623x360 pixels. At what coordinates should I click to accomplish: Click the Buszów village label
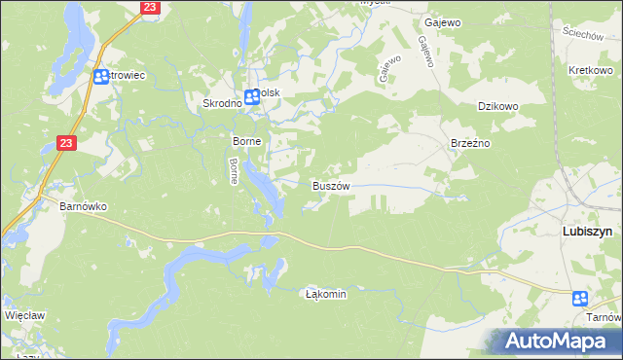(x=330, y=185)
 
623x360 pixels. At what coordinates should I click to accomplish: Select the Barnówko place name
(x=83, y=206)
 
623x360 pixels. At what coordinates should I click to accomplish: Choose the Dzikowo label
(x=495, y=108)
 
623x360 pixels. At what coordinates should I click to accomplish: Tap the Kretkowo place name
(x=589, y=72)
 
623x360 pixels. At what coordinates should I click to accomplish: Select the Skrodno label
(x=221, y=103)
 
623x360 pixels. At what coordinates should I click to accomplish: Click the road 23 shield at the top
(x=149, y=7)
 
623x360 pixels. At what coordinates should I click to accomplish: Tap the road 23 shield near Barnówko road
(x=64, y=143)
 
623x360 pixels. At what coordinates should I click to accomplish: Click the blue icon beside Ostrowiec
(x=100, y=76)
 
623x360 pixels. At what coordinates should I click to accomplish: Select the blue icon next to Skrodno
(x=251, y=96)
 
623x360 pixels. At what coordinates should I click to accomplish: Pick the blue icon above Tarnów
(x=580, y=299)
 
